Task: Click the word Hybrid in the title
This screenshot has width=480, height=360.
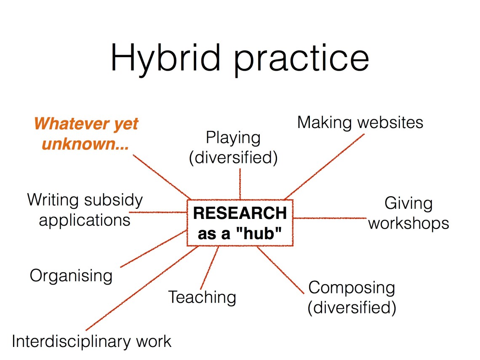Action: click(x=165, y=58)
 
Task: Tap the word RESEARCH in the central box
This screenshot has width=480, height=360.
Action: click(x=240, y=213)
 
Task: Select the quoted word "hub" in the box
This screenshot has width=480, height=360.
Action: click(x=259, y=234)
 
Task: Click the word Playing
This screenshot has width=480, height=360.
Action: click(x=233, y=139)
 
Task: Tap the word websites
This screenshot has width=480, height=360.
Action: click(x=390, y=123)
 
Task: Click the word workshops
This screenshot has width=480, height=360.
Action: click(x=409, y=224)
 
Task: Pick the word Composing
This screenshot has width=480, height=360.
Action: click(x=352, y=289)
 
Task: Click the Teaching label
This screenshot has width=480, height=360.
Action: click(x=203, y=298)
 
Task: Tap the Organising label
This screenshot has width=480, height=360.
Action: click(x=71, y=276)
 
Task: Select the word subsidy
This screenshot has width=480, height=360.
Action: click(x=114, y=200)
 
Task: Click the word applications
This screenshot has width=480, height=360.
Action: click(x=85, y=220)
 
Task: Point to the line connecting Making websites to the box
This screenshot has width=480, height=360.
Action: click(x=324, y=167)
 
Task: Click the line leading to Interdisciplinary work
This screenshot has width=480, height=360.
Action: click(x=142, y=288)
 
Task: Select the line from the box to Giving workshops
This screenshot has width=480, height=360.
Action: click(x=330, y=218)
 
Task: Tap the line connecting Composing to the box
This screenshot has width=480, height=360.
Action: click(x=281, y=270)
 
